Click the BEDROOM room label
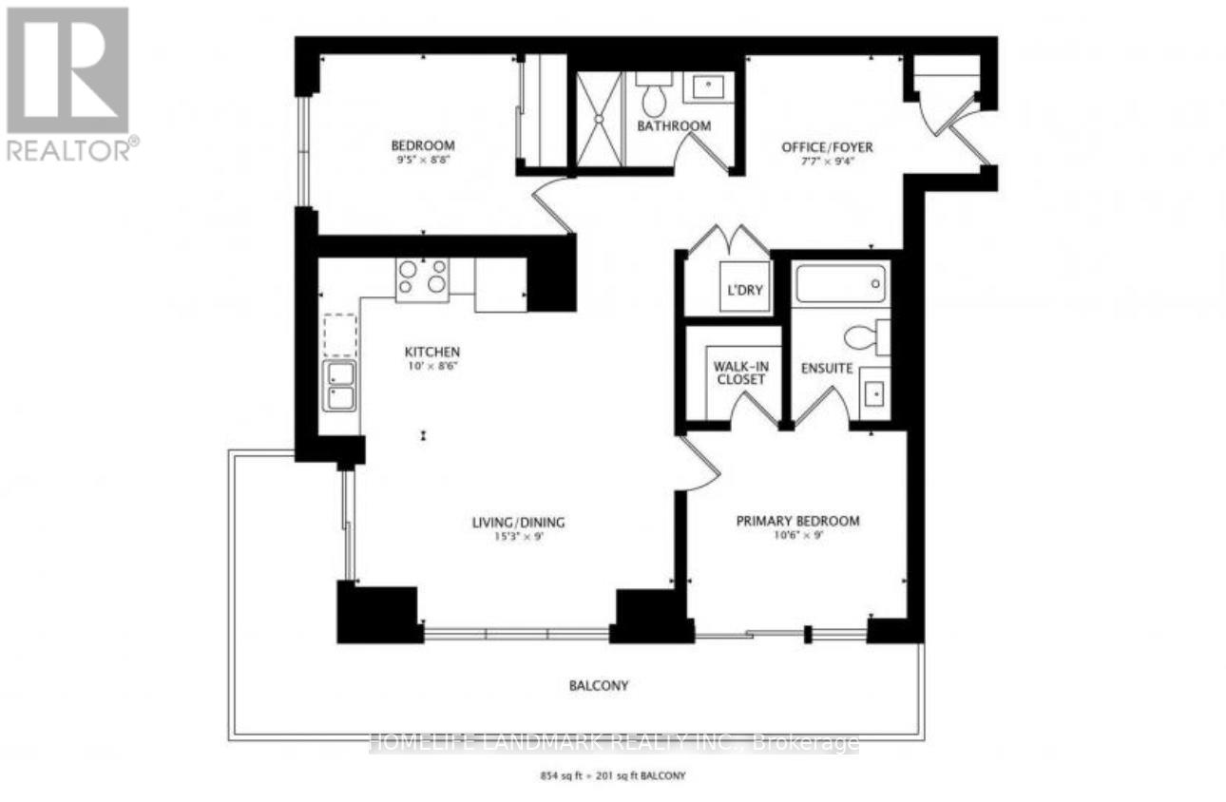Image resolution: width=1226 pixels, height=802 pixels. [x=423, y=145]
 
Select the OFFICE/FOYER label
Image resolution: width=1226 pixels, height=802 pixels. [x=827, y=147]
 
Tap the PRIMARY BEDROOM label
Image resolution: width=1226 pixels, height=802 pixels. [x=798, y=521]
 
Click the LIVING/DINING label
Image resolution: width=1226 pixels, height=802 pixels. [x=519, y=522]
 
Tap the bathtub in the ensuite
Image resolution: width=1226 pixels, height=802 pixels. [x=840, y=283]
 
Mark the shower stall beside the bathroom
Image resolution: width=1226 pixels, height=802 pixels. [x=599, y=111]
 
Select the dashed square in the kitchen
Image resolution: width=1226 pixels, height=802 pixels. [x=339, y=334]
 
